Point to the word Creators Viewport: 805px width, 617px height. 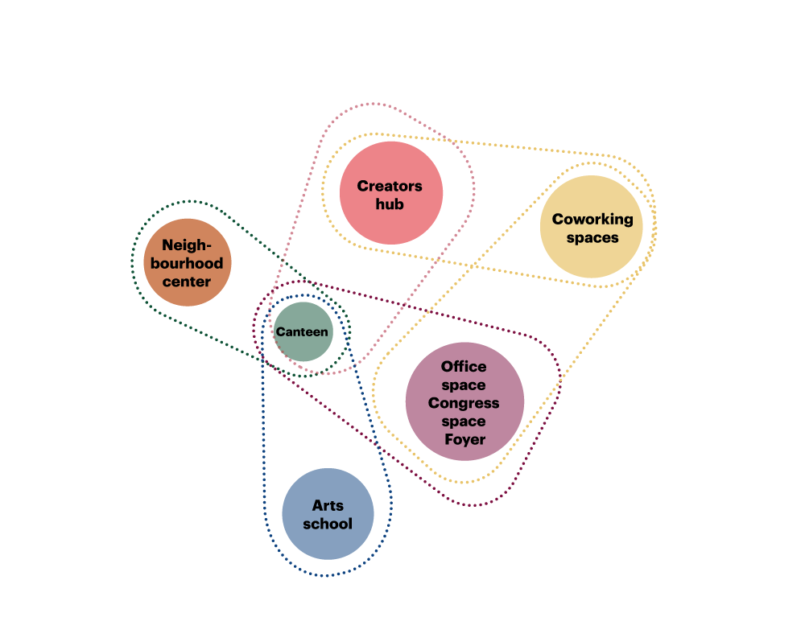pos(390,187)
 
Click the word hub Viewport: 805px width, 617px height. pos(390,204)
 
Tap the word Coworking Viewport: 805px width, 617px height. pos(592,219)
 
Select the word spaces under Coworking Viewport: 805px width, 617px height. pos(592,237)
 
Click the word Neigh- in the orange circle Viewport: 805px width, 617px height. pos(187,245)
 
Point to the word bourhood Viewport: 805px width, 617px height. pos(187,264)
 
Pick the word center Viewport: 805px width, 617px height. pos(187,282)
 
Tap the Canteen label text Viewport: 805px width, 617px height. pos(302,332)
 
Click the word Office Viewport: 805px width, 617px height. pos(464,367)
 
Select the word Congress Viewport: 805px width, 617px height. pos(464,403)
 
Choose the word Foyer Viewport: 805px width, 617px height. pos(464,439)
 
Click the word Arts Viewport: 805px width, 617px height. pos(328,506)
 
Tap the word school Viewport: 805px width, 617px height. pos(328,524)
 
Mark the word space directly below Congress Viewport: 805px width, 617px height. pos(464,422)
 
